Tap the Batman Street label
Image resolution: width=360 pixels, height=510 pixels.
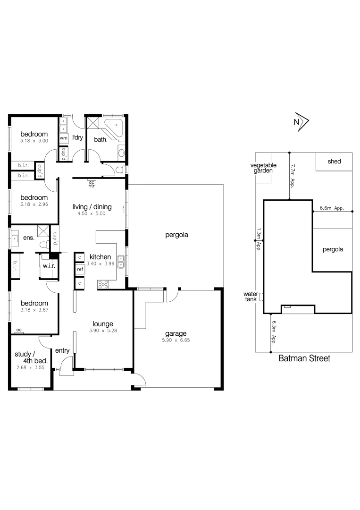point(304,358)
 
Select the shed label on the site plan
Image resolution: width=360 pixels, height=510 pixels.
point(334,161)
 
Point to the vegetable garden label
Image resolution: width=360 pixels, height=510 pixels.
point(263,168)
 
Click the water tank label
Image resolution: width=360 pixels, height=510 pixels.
point(250,296)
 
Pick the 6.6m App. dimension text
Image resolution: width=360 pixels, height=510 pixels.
point(331,208)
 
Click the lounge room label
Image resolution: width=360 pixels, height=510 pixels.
point(102,324)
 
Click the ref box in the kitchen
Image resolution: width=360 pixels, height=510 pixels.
point(80,269)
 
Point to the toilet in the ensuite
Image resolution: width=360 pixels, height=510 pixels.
point(44,244)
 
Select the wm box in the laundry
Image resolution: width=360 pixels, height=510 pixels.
point(63,138)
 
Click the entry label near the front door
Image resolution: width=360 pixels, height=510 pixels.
point(62,350)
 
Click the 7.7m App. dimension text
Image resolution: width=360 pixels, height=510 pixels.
point(293,176)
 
